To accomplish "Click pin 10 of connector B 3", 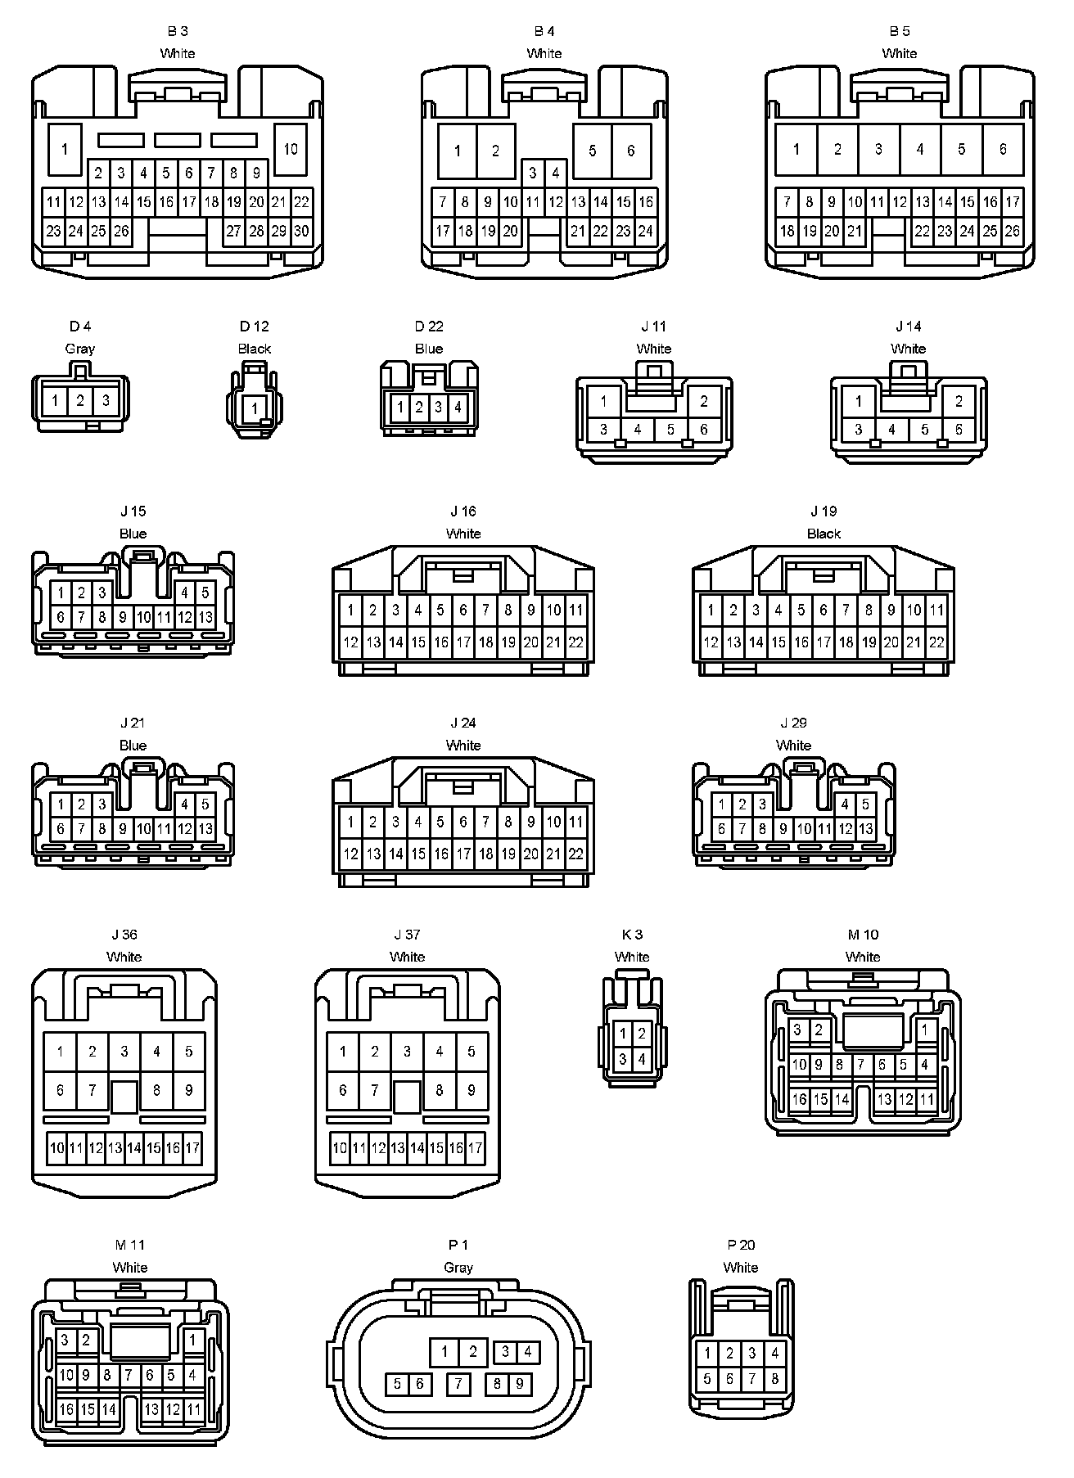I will coord(290,149).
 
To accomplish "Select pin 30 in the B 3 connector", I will coord(301,231).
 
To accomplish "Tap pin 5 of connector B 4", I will coord(592,151).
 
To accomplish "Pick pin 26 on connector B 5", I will coord(1012,231).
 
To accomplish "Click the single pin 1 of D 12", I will coord(255,408).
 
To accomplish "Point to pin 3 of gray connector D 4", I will coord(105,401).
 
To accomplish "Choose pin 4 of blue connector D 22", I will coord(458,406).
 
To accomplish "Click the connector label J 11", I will coord(653,327).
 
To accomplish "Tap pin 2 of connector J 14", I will coord(959,401).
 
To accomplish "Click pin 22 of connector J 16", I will coord(575,642).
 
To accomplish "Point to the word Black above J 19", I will coord(824,534).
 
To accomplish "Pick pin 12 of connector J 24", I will coord(350,854).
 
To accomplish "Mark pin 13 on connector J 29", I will coord(865,829).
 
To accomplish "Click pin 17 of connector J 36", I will coord(192,1147).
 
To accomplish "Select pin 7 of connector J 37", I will coord(374,1090).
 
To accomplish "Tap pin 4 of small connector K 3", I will coord(642,1060).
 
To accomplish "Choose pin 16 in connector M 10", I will coord(800,1099).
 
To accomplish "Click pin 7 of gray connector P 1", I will coord(458,1384).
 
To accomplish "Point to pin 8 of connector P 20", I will coord(774,1379).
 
